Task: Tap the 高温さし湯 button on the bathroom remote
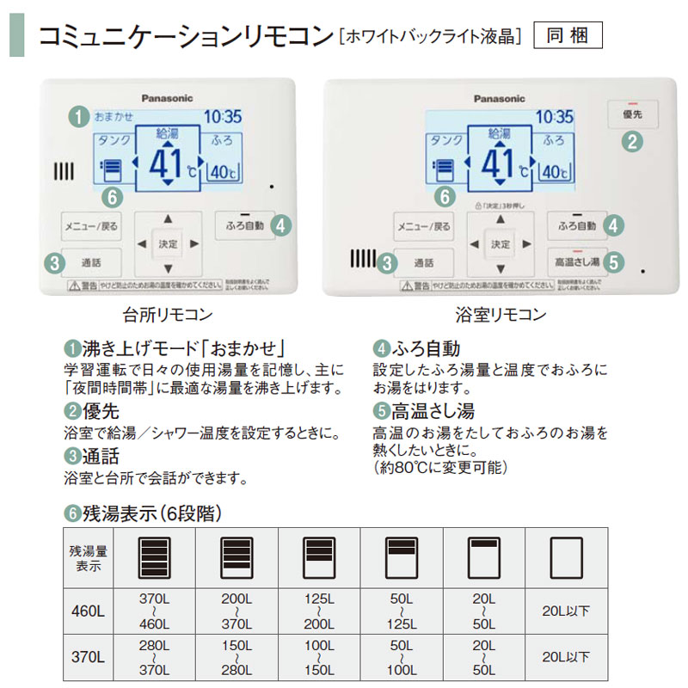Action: click(576, 261)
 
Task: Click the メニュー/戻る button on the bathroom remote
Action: click(423, 227)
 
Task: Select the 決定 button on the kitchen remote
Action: click(168, 244)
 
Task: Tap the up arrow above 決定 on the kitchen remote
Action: click(168, 219)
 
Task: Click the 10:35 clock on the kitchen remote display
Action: click(223, 117)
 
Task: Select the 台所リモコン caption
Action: click(169, 315)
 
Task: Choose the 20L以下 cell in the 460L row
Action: click(567, 611)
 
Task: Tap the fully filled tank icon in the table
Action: click(155, 557)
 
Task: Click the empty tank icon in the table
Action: click(567, 557)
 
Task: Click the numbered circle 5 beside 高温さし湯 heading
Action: click(381, 411)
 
